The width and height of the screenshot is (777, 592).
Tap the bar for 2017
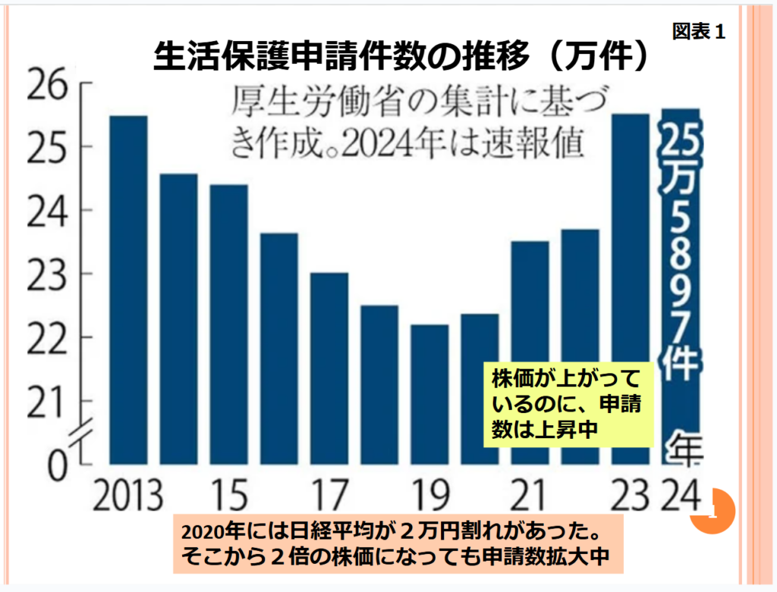[x=329, y=368]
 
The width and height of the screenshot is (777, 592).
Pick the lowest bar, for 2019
[x=429, y=393]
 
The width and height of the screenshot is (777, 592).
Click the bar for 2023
[x=631, y=288]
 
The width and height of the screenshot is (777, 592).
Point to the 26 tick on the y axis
[x=50, y=84]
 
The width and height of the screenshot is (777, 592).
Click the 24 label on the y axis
[x=50, y=211]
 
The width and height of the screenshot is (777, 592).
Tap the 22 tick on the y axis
[x=50, y=337]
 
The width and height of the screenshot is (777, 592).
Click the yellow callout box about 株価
[x=565, y=402]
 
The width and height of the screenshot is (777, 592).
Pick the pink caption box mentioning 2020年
[x=397, y=543]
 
